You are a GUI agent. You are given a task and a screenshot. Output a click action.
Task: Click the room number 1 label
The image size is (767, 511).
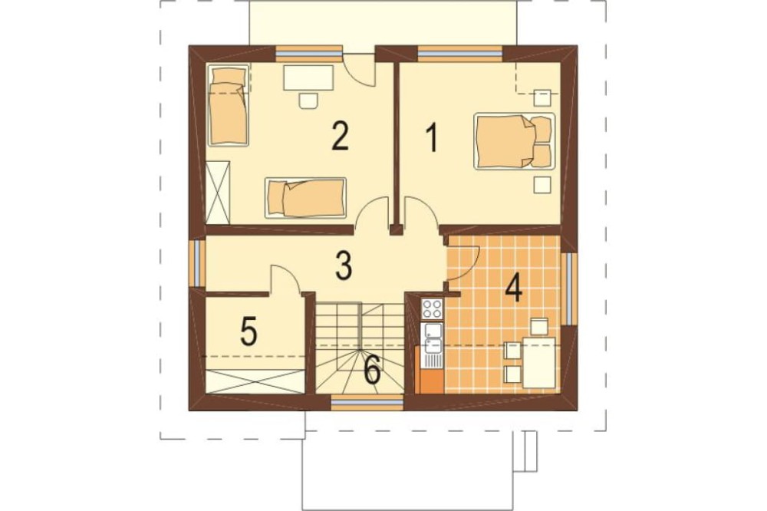tap(431, 138)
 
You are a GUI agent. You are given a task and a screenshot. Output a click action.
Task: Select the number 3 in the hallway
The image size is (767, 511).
tap(344, 265)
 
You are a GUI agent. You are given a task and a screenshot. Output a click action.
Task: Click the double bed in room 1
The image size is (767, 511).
tap(514, 141)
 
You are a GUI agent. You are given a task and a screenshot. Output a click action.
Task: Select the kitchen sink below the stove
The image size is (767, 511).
tap(433, 338)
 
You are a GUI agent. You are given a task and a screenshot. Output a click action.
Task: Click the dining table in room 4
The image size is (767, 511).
tap(539, 362)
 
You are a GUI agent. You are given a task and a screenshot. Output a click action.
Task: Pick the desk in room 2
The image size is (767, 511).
tap(308, 77)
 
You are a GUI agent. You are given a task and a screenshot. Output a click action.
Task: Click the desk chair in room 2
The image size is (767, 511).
tap(308, 100)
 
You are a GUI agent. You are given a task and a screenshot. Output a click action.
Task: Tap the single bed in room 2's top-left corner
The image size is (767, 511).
tap(228, 105)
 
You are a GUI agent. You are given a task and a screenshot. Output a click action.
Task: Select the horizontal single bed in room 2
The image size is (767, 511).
tap(306, 197)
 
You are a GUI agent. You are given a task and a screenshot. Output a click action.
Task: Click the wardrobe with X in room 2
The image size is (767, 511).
tap(218, 192)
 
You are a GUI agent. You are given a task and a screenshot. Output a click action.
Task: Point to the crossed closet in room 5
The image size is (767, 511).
tap(255, 381)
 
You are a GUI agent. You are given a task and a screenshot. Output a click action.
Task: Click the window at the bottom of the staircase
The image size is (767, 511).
tap(367, 402)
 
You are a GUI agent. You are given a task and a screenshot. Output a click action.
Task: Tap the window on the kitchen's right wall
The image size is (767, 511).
tap(569, 288)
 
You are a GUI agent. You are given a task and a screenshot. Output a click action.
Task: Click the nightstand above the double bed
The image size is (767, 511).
tap(542, 98)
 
